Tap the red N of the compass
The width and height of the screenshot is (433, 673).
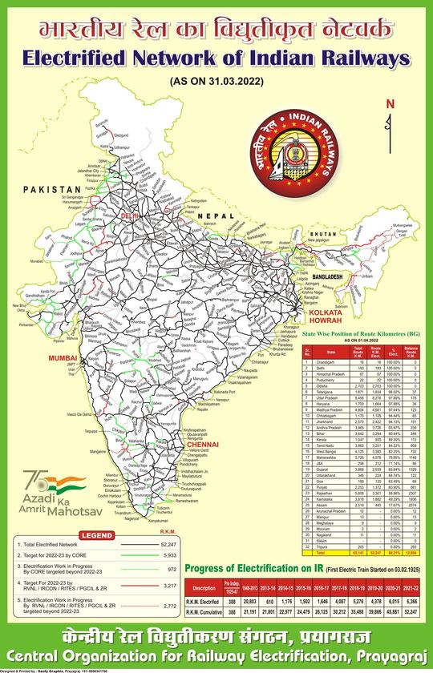click(390, 104)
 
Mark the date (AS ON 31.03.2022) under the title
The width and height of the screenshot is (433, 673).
click(216, 81)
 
